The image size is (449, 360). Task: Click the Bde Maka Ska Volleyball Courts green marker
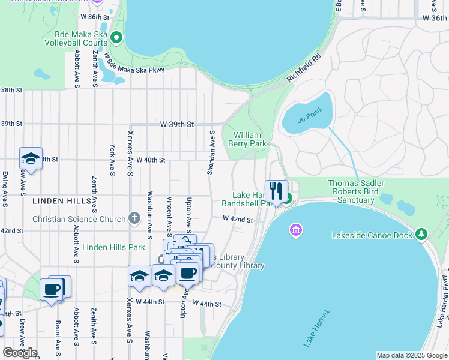pos(116,38)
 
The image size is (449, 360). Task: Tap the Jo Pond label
pos(310,116)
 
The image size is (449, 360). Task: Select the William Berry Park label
pos(247,139)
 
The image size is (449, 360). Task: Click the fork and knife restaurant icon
pos(276,191)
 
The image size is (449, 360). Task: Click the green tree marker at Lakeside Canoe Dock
pos(422,234)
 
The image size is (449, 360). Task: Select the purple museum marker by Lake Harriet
pos(295,230)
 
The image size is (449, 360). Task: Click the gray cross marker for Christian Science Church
pos(134,218)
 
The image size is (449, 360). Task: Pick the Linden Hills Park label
pos(114,247)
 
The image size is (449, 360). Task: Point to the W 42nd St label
pos(238,220)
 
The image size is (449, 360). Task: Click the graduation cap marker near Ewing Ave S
pos(31,158)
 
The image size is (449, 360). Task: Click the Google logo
pos(20,353)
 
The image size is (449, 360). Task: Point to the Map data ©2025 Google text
pos(411,355)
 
